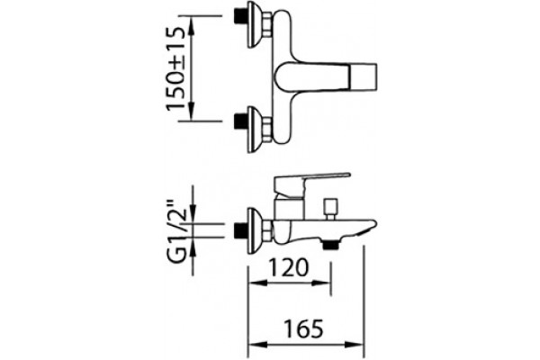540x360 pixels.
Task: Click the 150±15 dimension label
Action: (x=176, y=69)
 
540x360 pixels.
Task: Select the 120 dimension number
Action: (x=288, y=267)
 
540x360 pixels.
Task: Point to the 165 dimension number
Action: (x=304, y=329)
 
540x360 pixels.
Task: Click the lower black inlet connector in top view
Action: (x=240, y=121)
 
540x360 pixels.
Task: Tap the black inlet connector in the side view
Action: (x=240, y=230)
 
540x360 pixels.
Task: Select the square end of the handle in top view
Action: (x=364, y=76)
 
